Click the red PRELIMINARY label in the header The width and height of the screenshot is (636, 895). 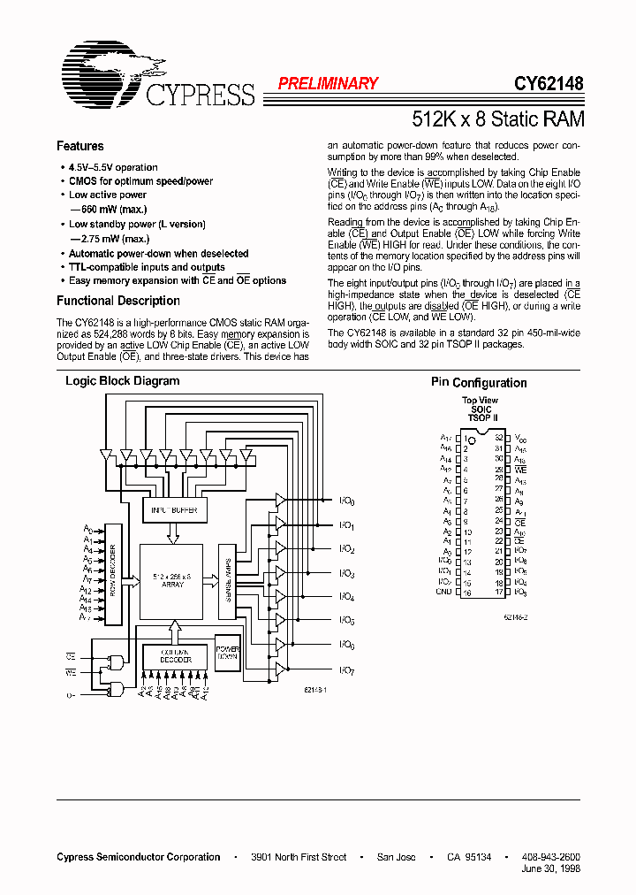pyautogui.click(x=328, y=84)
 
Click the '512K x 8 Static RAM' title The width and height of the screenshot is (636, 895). pyautogui.click(x=498, y=118)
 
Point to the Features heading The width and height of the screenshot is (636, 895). pyautogui.click(x=80, y=146)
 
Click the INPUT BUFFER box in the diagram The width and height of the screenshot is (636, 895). pyautogui.click(x=175, y=510)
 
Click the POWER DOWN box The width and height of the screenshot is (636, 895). pyautogui.click(x=228, y=652)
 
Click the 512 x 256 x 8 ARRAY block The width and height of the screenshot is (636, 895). pyautogui.click(x=173, y=580)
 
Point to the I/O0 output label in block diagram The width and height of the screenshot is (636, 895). pyautogui.click(x=347, y=501)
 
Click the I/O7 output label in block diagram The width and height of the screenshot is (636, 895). pyautogui.click(x=347, y=671)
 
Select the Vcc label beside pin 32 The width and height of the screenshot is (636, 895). pyautogui.click(x=520, y=438)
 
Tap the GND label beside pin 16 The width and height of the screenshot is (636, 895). pyautogui.click(x=445, y=592)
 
